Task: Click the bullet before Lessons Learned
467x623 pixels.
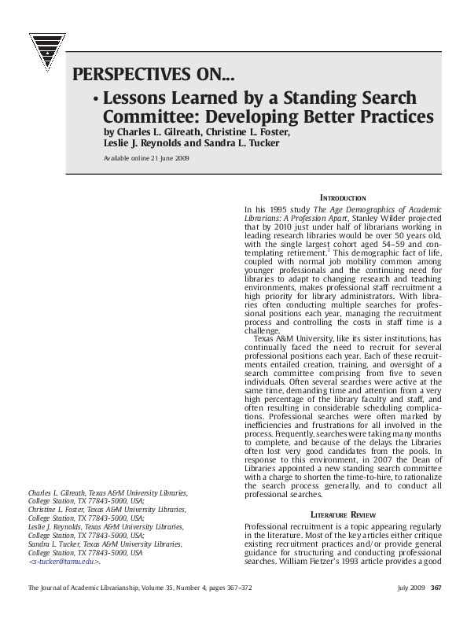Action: [x=94, y=101]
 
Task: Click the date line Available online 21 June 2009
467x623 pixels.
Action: [x=146, y=158]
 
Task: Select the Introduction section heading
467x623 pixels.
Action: [x=343, y=197]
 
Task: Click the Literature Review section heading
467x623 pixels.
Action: [x=343, y=513]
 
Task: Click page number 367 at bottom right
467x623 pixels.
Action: [x=436, y=588]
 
